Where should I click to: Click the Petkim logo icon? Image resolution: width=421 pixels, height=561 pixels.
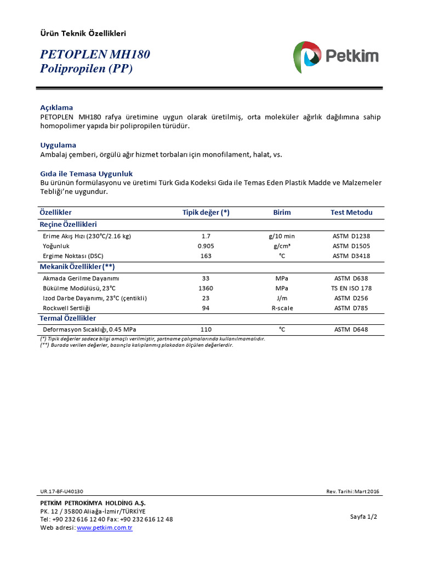click(x=308, y=56)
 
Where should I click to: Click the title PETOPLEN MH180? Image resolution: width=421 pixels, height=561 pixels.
click(x=95, y=55)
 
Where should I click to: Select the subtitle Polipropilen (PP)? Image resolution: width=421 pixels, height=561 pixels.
click(x=87, y=69)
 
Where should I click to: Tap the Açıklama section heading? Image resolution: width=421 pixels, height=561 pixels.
click(x=56, y=107)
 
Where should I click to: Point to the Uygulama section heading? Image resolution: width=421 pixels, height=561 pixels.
click(x=58, y=145)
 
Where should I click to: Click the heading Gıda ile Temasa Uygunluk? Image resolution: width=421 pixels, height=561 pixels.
click(x=87, y=174)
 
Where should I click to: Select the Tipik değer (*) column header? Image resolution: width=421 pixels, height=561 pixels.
click(x=206, y=213)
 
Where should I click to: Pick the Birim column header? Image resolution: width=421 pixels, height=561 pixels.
click(x=282, y=213)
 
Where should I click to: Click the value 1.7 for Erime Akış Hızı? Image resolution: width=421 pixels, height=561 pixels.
click(x=206, y=236)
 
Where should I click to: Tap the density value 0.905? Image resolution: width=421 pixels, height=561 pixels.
click(x=206, y=246)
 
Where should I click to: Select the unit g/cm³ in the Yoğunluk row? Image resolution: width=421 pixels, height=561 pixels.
click(x=282, y=246)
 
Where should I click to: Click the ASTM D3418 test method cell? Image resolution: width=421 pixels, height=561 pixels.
click(x=351, y=256)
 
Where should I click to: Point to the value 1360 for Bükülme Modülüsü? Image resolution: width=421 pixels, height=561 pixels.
click(x=206, y=288)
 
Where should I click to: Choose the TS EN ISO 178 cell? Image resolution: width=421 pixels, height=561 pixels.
click(x=351, y=288)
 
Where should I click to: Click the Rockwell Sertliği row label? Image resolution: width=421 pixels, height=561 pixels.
click(x=66, y=308)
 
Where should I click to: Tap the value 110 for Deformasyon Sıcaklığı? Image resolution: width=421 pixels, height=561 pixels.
click(x=206, y=329)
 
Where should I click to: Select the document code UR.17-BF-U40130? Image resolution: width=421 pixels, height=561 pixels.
click(x=61, y=491)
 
